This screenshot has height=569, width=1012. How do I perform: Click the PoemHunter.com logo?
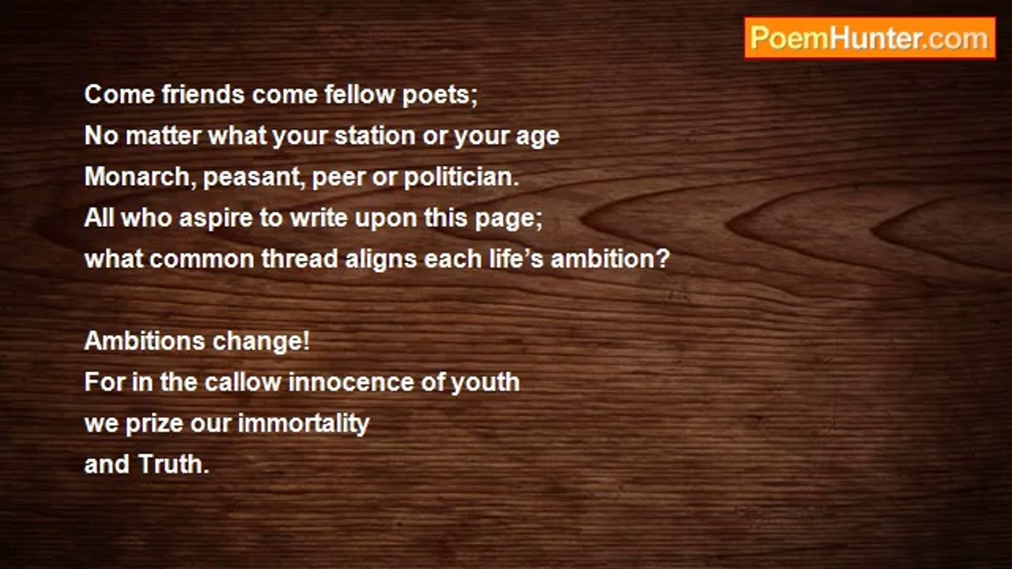click(870, 39)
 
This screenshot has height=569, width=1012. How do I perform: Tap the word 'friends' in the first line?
click(203, 94)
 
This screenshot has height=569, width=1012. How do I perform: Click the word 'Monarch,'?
click(141, 176)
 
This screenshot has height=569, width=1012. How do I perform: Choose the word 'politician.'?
click(462, 177)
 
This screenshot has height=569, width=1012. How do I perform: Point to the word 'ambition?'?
click(610, 259)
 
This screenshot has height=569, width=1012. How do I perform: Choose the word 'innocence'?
click(351, 382)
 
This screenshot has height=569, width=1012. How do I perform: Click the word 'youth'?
click(485, 383)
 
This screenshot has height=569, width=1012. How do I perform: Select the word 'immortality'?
click(304, 424)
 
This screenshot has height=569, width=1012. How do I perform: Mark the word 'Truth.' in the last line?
click(173, 465)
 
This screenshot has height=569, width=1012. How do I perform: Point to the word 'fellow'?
click(360, 94)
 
